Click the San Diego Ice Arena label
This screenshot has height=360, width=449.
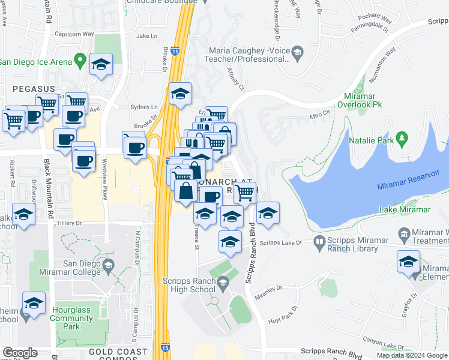pyautogui.click(x=36, y=61)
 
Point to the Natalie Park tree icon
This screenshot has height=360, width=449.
pyautogui.click(x=402, y=140)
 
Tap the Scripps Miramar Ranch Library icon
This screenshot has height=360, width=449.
pyautogui.click(x=320, y=242)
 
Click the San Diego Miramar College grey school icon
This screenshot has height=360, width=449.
pyautogui.click(x=109, y=265)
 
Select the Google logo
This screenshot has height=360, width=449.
pyautogui.click(x=19, y=353)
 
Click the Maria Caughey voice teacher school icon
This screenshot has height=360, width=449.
pyautogui.click(x=297, y=55)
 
